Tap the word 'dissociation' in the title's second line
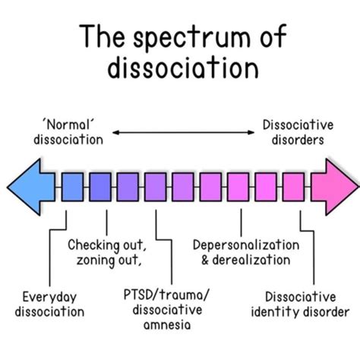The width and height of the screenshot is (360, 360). point(180,71)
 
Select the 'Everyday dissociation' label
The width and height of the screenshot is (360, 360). point(53,304)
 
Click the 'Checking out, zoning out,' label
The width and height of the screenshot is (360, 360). point(106,254)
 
